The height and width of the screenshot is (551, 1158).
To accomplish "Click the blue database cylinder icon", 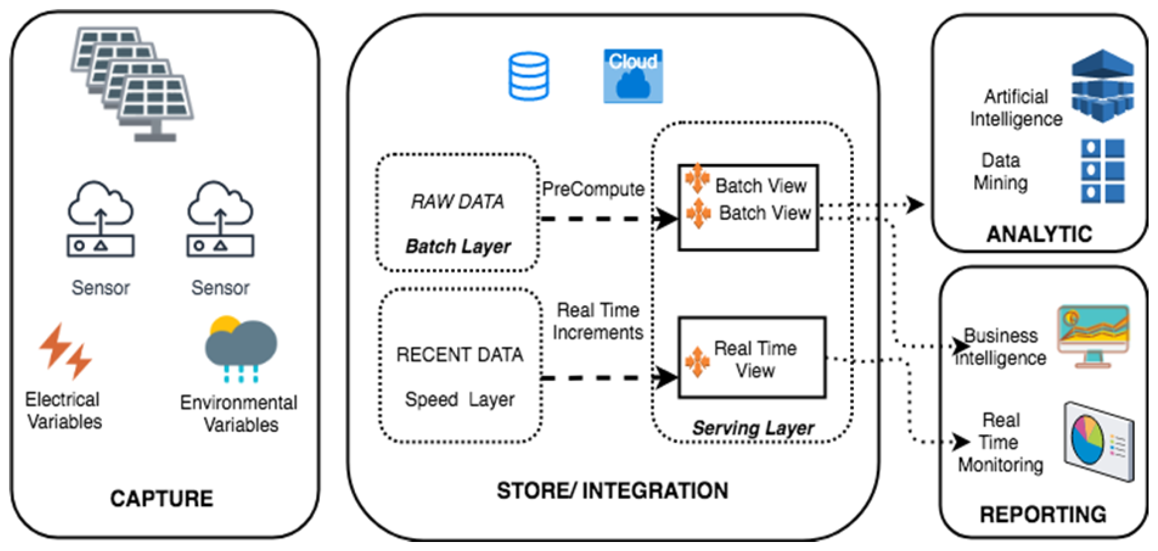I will click(528, 76).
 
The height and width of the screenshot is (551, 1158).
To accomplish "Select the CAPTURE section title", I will click(162, 498).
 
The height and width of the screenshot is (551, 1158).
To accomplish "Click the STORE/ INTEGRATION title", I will click(612, 490).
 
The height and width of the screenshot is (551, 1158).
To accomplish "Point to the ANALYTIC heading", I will click(1039, 234).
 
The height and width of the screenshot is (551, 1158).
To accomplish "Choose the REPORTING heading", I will click(1043, 514).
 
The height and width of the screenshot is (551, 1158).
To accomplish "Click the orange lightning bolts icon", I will click(66, 351).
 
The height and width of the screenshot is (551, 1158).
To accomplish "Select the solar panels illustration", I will click(133, 83).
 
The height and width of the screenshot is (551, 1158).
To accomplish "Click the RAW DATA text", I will click(458, 202).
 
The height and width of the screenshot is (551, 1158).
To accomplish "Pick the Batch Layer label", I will click(458, 246).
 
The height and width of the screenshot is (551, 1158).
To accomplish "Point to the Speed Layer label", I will click(459, 399).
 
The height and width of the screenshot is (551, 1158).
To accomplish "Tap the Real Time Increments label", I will click(598, 321).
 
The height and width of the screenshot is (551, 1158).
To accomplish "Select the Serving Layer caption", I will click(753, 428).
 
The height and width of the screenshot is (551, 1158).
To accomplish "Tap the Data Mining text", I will click(1001, 171).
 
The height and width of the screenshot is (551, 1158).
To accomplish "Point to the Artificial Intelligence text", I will click(1016, 108).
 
